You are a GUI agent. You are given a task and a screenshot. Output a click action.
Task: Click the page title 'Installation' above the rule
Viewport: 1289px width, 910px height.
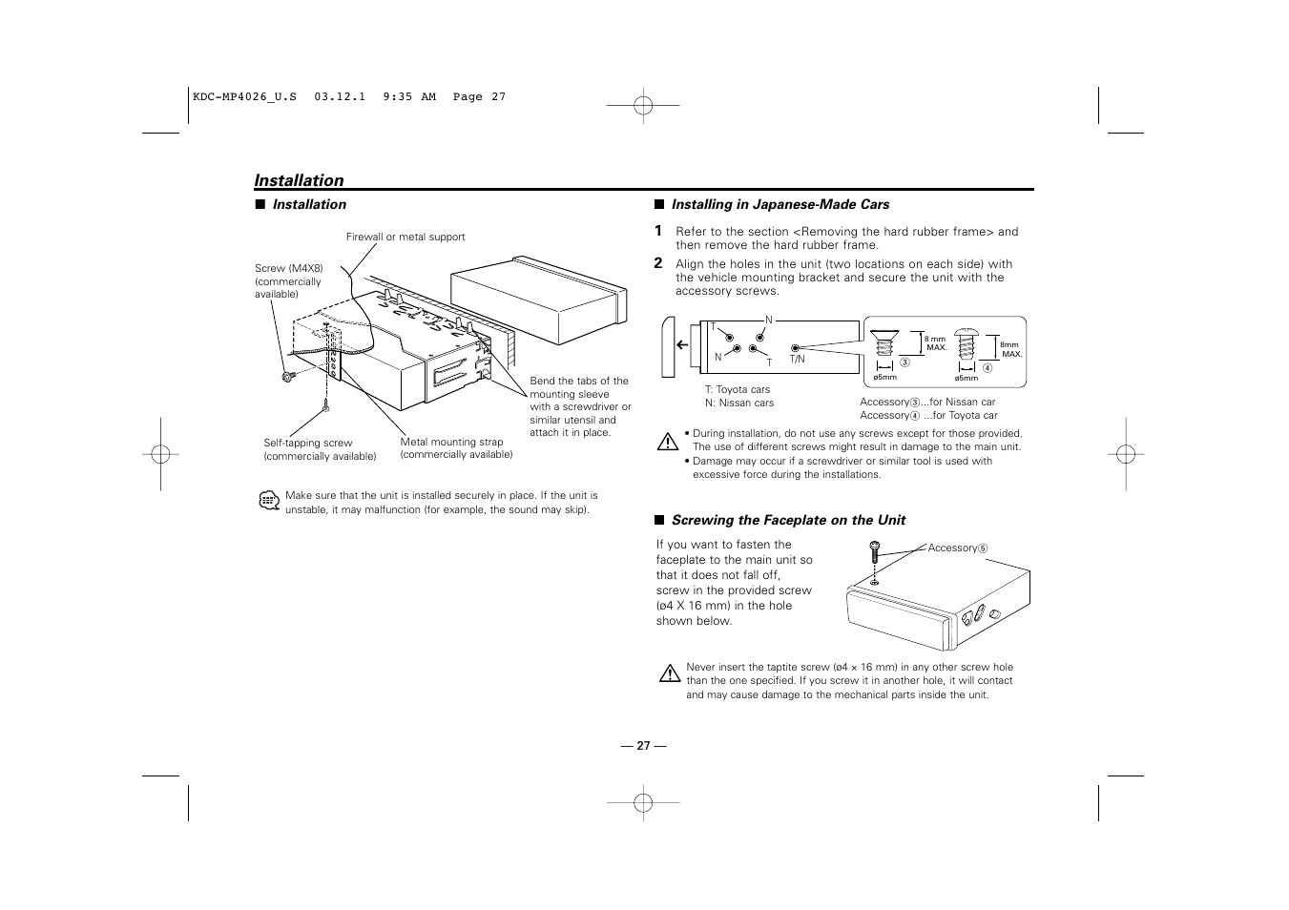pyautogui.click(x=299, y=180)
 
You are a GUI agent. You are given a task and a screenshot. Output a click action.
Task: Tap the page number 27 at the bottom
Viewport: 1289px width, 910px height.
pyautogui.click(x=642, y=746)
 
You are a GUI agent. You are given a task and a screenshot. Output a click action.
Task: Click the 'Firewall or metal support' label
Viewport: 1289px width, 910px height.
pyautogui.click(x=405, y=237)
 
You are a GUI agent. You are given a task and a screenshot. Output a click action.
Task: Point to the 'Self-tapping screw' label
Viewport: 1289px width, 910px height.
pyautogui.click(x=308, y=443)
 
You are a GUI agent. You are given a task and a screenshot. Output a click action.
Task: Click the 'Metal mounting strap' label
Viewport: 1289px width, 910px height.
pyautogui.click(x=451, y=442)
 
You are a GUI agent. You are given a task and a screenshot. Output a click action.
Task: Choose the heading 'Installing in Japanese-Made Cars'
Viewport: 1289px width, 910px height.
pyautogui.click(x=780, y=204)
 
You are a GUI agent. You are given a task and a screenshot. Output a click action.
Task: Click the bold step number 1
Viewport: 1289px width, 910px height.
pyautogui.click(x=658, y=231)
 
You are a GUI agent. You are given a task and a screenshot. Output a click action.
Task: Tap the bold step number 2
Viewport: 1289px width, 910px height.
pyautogui.click(x=658, y=263)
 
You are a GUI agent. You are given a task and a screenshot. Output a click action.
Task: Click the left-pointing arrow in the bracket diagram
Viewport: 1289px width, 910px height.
pyautogui.click(x=682, y=345)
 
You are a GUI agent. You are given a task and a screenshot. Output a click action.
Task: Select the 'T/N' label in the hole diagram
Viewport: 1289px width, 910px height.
pyautogui.click(x=798, y=360)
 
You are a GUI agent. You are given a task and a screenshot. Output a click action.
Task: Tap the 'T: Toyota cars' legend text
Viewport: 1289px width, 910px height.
pyautogui.click(x=738, y=389)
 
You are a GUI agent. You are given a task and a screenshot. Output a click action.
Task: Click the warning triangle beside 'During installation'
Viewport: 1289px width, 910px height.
pyautogui.click(x=668, y=442)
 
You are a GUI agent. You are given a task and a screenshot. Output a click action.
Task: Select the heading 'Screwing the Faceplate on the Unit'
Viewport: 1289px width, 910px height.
pyautogui.click(x=788, y=520)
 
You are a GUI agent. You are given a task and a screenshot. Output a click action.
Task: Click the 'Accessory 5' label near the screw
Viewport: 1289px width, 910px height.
pyautogui.click(x=957, y=548)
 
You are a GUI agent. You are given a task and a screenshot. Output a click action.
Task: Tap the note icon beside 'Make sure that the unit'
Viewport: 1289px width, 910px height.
pyautogui.click(x=268, y=502)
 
